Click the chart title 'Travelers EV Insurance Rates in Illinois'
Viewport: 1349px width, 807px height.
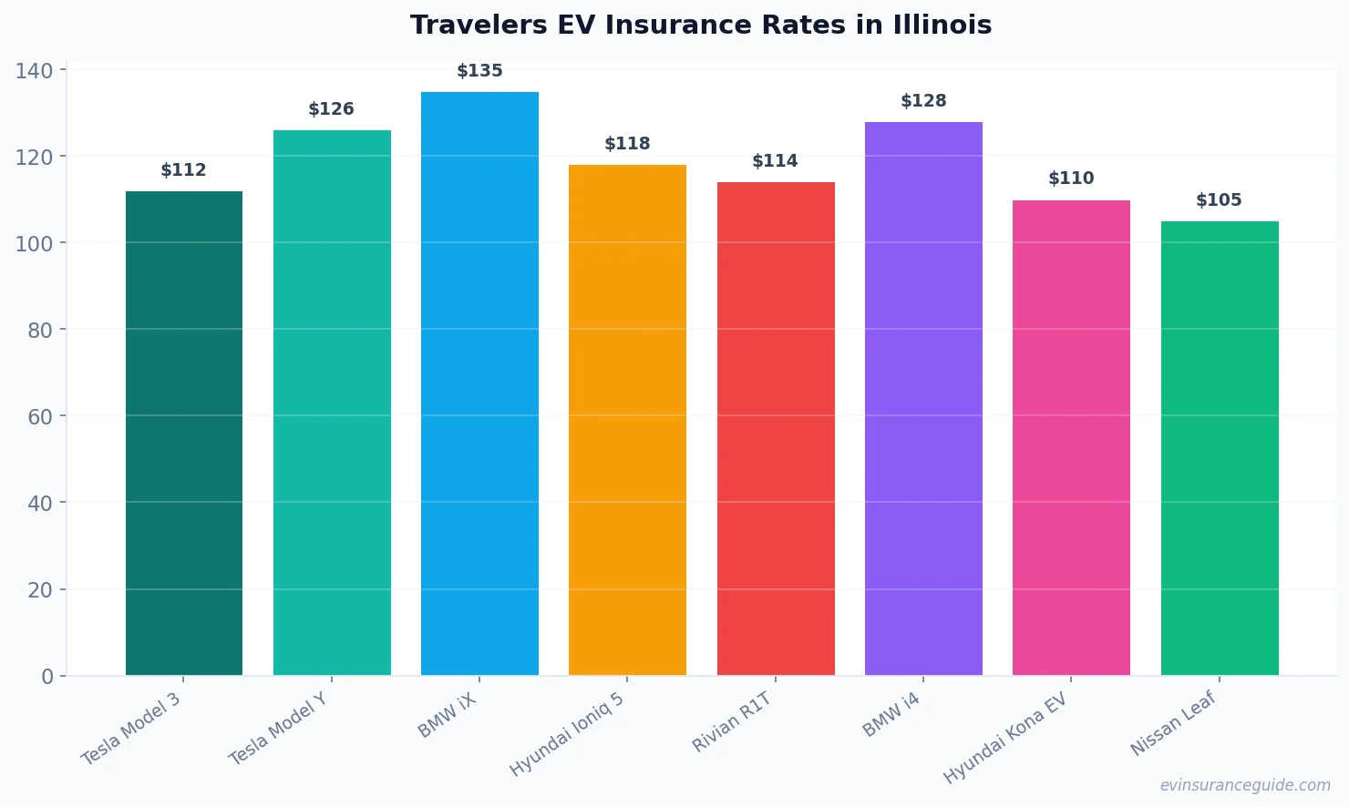(x=700, y=26)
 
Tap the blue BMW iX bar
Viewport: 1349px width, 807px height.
(x=479, y=383)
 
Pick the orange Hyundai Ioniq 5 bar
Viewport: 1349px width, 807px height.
(x=627, y=420)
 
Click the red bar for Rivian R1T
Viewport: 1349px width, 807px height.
(x=776, y=428)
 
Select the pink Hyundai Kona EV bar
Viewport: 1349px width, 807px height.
(x=1071, y=437)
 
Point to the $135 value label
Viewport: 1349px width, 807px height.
(x=479, y=71)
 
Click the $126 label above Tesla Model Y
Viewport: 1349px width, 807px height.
(x=331, y=109)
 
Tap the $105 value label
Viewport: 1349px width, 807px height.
(x=1219, y=200)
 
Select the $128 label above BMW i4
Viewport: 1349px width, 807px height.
(x=923, y=101)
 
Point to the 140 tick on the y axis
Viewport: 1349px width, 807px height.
(x=35, y=71)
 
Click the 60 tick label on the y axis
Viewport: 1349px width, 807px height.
(x=40, y=417)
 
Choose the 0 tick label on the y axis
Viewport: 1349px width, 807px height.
(x=47, y=677)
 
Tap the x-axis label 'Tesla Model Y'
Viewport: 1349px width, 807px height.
(x=278, y=729)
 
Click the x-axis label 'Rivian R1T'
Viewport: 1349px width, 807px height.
(x=732, y=722)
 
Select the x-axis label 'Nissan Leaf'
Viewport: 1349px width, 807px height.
(x=1173, y=723)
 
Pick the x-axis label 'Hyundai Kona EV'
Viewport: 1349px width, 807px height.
(x=1005, y=738)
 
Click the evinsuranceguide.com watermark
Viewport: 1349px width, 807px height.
(x=1245, y=785)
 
